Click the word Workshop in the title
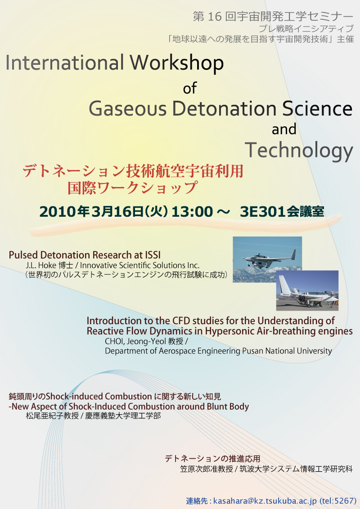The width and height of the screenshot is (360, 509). point(177,63)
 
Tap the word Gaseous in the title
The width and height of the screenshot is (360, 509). point(128,109)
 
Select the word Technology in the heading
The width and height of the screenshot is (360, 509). point(299,151)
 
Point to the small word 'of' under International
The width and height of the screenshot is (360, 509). point(190,88)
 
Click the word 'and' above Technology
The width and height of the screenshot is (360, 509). point(284,129)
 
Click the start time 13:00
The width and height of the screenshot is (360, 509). point(192,212)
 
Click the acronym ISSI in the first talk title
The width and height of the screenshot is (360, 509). point(153,255)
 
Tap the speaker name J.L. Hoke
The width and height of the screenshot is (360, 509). point(41,265)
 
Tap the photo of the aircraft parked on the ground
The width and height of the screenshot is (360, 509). point(307,290)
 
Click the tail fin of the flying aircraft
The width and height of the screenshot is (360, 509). point(293,254)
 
